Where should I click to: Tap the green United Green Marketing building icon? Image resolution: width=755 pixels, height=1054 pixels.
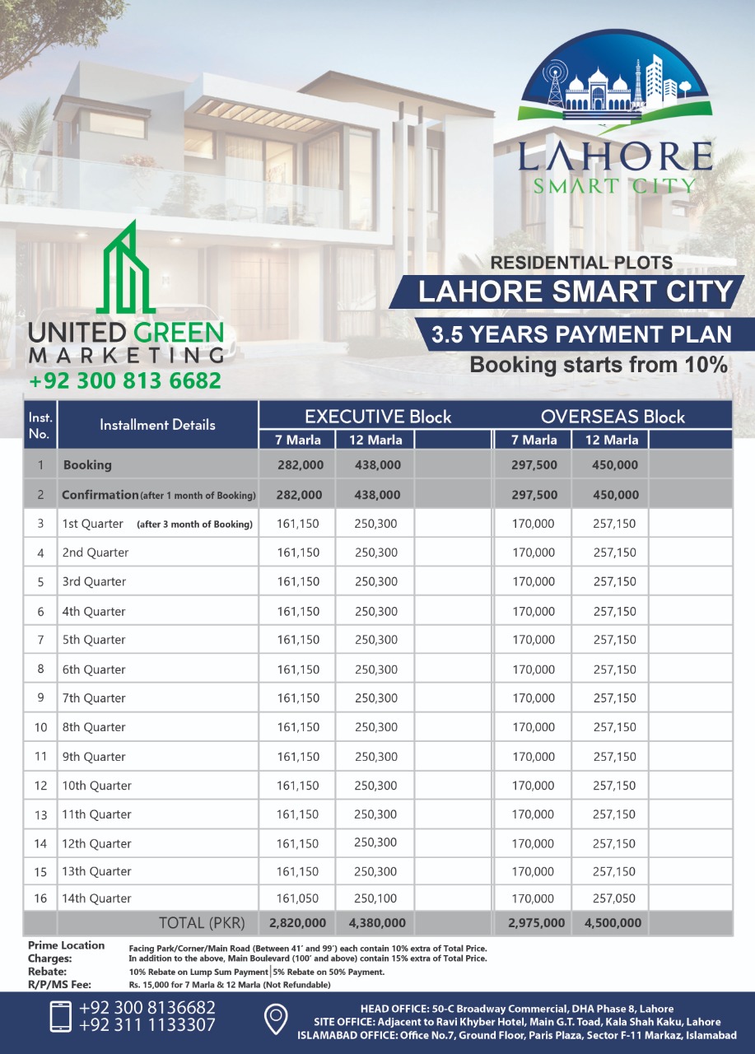[x=127, y=268]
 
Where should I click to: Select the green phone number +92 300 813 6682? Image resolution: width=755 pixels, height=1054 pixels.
[x=125, y=381]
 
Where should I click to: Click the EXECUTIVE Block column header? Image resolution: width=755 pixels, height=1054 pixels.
[x=378, y=416]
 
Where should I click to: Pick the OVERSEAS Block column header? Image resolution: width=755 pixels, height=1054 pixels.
[x=613, y=416]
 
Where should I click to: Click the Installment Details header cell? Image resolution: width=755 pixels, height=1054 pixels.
[x=157, y=425]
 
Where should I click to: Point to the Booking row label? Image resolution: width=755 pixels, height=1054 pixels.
[x=87, y=465]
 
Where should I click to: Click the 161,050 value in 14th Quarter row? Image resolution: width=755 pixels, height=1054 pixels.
[x=298, y=898]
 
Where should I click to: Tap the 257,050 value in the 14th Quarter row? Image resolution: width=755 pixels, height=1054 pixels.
[x=614, y=898]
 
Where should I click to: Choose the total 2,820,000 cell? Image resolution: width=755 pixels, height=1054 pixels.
[x=297, y=923]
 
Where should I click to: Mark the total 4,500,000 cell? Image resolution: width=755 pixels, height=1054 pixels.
[x=613, y=923]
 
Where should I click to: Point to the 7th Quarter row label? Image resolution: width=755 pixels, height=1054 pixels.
[x=94, y=698]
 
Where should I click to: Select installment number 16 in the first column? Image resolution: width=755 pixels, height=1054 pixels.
[x=40, y=898]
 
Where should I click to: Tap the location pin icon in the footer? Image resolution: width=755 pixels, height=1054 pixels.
[x=275, y=1019]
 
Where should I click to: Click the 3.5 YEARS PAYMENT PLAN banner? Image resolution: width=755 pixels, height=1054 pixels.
[x=582, y=334]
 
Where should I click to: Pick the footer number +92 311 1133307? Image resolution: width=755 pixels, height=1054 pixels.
[x=147, y=1025]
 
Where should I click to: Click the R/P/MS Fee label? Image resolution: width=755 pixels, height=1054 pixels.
[x=58, y=984]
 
